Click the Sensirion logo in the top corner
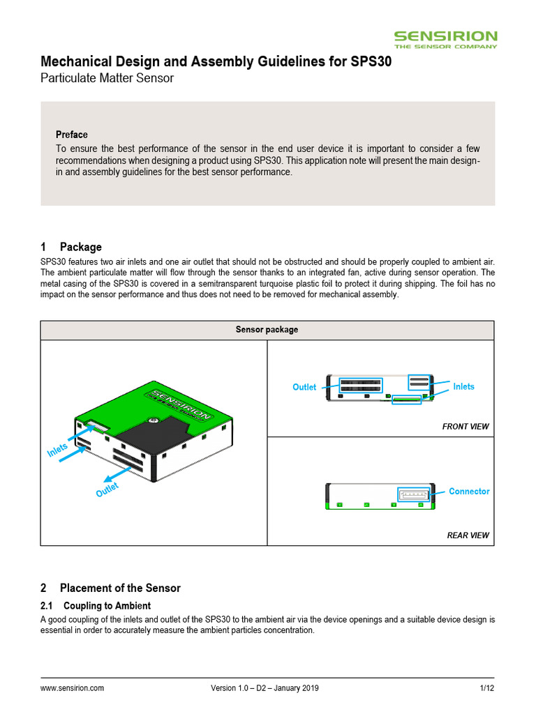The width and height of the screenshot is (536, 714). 445,39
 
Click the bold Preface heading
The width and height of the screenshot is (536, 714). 72,135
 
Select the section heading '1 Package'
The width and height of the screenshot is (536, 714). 71,247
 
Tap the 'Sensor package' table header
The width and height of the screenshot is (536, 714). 267,330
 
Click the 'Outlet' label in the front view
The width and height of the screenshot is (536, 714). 304,387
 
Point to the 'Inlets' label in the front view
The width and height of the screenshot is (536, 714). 463,386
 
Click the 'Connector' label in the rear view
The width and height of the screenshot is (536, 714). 469,492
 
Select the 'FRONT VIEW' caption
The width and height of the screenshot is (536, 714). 466,426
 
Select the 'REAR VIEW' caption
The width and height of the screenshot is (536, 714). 468,535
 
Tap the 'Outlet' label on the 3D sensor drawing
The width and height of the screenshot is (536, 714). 107,489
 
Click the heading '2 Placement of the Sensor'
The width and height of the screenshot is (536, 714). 111,588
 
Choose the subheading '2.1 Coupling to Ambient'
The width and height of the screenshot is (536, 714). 96,605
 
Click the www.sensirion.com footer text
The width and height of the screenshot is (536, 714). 73,688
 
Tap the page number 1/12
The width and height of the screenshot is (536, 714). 486,688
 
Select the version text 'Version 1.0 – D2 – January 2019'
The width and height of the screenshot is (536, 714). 265,688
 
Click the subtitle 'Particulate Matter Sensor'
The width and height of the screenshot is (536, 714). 107,78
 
